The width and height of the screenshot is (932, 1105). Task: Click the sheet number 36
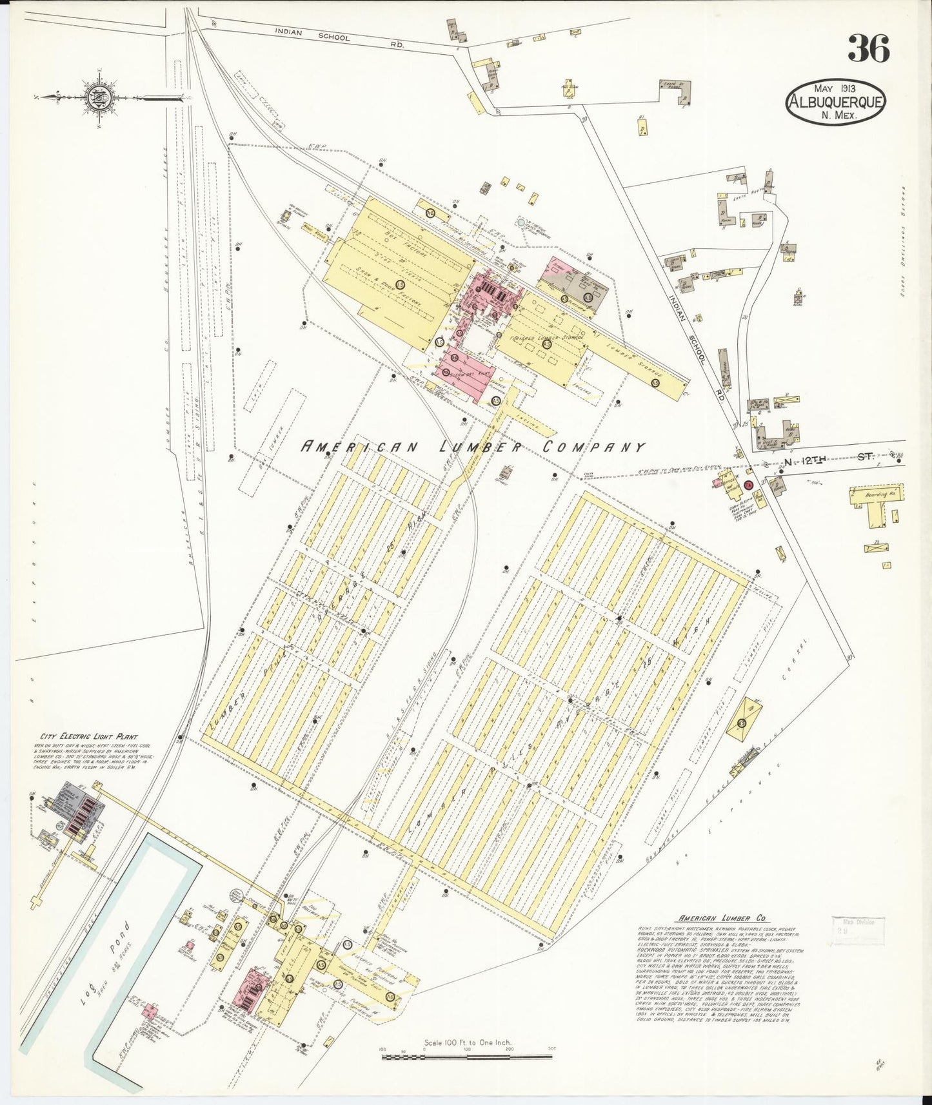(x=869, y=49)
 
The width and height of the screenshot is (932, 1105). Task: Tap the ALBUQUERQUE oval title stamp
(x=835, y=102)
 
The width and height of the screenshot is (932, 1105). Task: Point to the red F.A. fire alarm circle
(x=748, y=484)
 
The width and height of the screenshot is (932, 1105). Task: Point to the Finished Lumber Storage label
(x=548, y=337)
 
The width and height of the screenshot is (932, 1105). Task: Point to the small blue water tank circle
(x=521, y=222)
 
